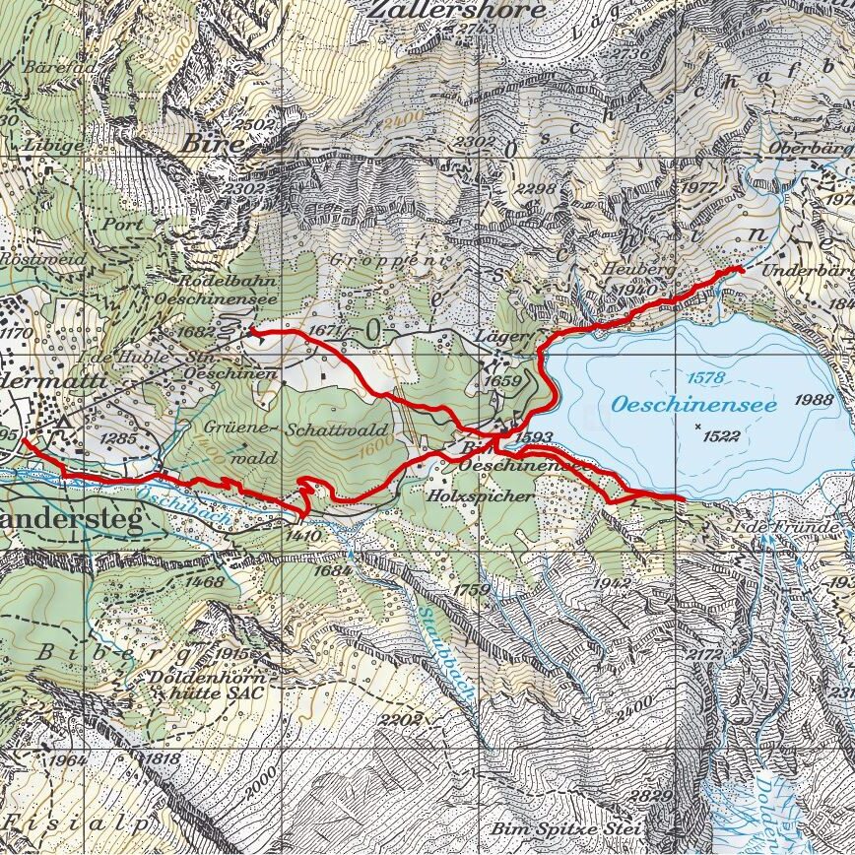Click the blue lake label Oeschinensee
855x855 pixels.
click(693, 404)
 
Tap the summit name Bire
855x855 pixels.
click(211, 142)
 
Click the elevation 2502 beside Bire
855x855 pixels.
click(258, 125)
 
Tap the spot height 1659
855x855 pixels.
click(502, 380)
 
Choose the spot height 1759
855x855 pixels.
click(472, 589)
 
